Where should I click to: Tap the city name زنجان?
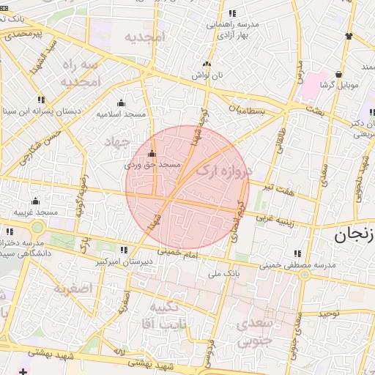(355, 236)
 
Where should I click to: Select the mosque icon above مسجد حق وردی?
(152, 154)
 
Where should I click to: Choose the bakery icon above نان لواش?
(207, 64)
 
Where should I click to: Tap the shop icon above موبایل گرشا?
(338, 74)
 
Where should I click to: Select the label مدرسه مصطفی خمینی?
(302, 265)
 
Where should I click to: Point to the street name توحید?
(327, 313)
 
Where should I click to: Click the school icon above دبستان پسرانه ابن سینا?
(41, 100)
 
